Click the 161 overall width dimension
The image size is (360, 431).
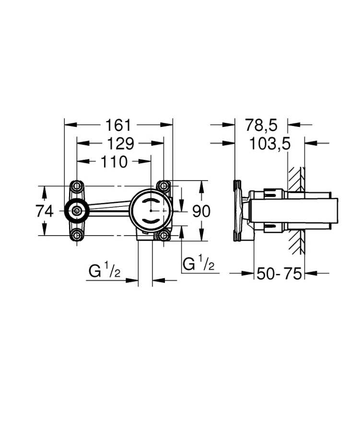118,125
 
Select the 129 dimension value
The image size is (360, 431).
120,144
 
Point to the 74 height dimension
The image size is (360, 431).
45,211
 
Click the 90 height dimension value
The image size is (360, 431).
201,211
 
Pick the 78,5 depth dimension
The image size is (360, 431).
261,125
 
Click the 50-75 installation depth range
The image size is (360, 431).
279,274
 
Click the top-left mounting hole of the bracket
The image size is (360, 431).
76,186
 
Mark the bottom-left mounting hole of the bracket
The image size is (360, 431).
76,235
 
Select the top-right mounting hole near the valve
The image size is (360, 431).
163,186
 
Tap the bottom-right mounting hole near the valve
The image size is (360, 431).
163,235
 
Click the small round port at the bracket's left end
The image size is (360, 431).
76,210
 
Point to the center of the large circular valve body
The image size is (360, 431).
151,210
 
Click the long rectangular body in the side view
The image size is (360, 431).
292,211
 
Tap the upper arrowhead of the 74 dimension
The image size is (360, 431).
45,190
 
